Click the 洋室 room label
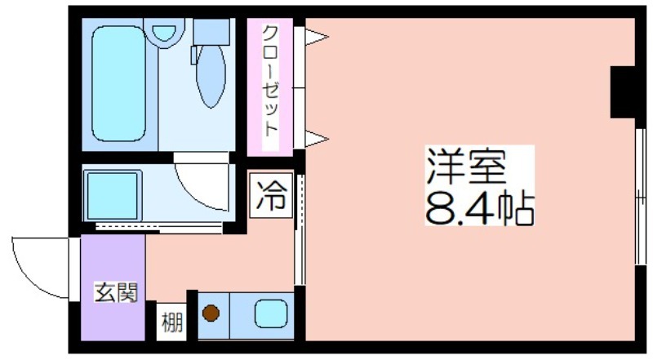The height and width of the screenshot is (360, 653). pyautogui.click(x=465, y=167)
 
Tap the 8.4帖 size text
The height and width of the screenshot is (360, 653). pyautogui.click(x=479, y=208)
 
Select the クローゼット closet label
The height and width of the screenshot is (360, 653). pyautogui.click(x=270, y=81)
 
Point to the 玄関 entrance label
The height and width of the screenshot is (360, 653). pyautogui.click(x=116, y=292)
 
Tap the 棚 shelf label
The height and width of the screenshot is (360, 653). pyautogui.click(x=171, y=322)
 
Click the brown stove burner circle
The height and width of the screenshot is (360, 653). pyautogui.click(x=211, y=313)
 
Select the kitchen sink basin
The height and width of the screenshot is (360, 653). pyautogui.click(x=271, y=313)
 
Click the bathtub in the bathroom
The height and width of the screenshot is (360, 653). pyautogui.click(x=119, y=84)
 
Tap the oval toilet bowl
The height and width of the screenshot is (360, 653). pyautogui.click(x=211, y=75)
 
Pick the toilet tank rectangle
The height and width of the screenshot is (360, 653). pyautogui.click(x=212, y=32)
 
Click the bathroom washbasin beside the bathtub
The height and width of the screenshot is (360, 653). pyautogui.click(x=164, y=33)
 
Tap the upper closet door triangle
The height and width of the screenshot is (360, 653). pyautogui.click(x=317, y=37)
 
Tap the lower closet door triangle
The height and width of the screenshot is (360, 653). pyautogui.click(x=317, y=138)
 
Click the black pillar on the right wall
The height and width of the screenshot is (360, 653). pyautogui.click(x=623, y=91)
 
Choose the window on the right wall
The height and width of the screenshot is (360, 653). pyautogui.click(x=641, y=196)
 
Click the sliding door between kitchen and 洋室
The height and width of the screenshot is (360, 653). pyautogui.click(x=300, y=230)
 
